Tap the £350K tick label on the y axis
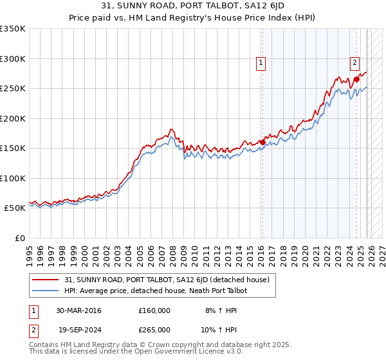pyautogui.click(x=13, y=29)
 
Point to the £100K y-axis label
pyautogui.click(x=13, y=178)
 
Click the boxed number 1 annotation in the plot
pyautogui.click(x=261, y=63)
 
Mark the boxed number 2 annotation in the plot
pyautogui.click(x=354, y=63)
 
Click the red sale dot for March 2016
pyautogui.click(x=262, y=142)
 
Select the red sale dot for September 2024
pyautogui.click(x=356, y=80)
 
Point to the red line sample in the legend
pyautogui.click(x=46, y=280)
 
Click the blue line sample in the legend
pyautogui.click(x=46, y=291)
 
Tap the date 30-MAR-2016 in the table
pyautogui.click(x=78, y=310)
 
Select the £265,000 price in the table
pyautogui.click(x=154, y=329)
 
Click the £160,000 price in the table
pyautogui.click(x=154, y=310)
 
